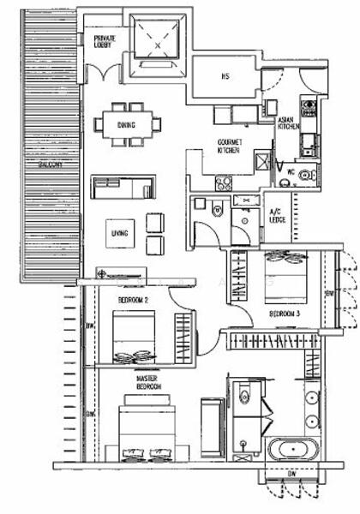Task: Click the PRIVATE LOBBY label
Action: coord(105,41)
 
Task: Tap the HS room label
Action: coord(225,77)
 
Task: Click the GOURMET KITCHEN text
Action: coord(228,146)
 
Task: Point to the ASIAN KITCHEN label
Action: coord(288,123)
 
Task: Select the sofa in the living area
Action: coord(123,186)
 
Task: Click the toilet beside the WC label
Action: coord(307,174)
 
